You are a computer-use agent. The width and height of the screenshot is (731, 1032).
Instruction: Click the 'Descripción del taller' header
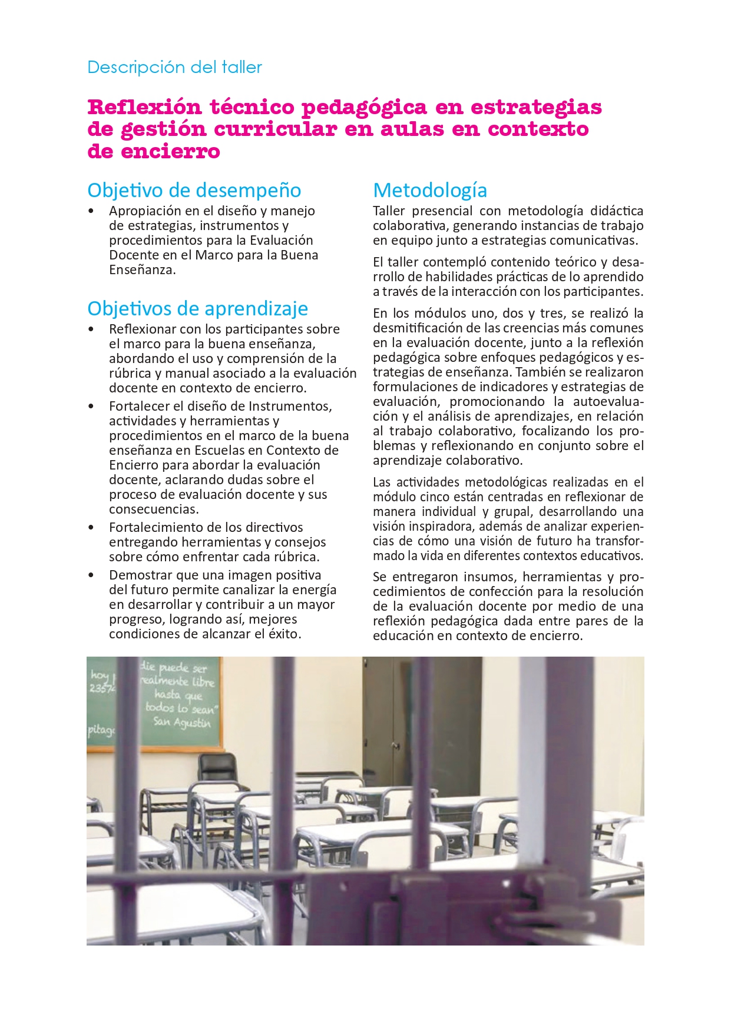(x=174, y=68)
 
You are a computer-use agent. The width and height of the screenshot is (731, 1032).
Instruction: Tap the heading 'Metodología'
(x=430, y=190)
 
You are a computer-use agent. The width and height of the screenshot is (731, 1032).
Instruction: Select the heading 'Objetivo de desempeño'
(x=194, y=190)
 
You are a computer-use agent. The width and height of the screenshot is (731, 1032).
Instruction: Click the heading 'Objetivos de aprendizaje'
(x=197, y=308)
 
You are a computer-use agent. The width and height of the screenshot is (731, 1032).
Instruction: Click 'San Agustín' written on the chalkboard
(x=181, y=722)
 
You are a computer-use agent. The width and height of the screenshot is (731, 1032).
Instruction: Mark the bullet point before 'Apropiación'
(x=91, y=211)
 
